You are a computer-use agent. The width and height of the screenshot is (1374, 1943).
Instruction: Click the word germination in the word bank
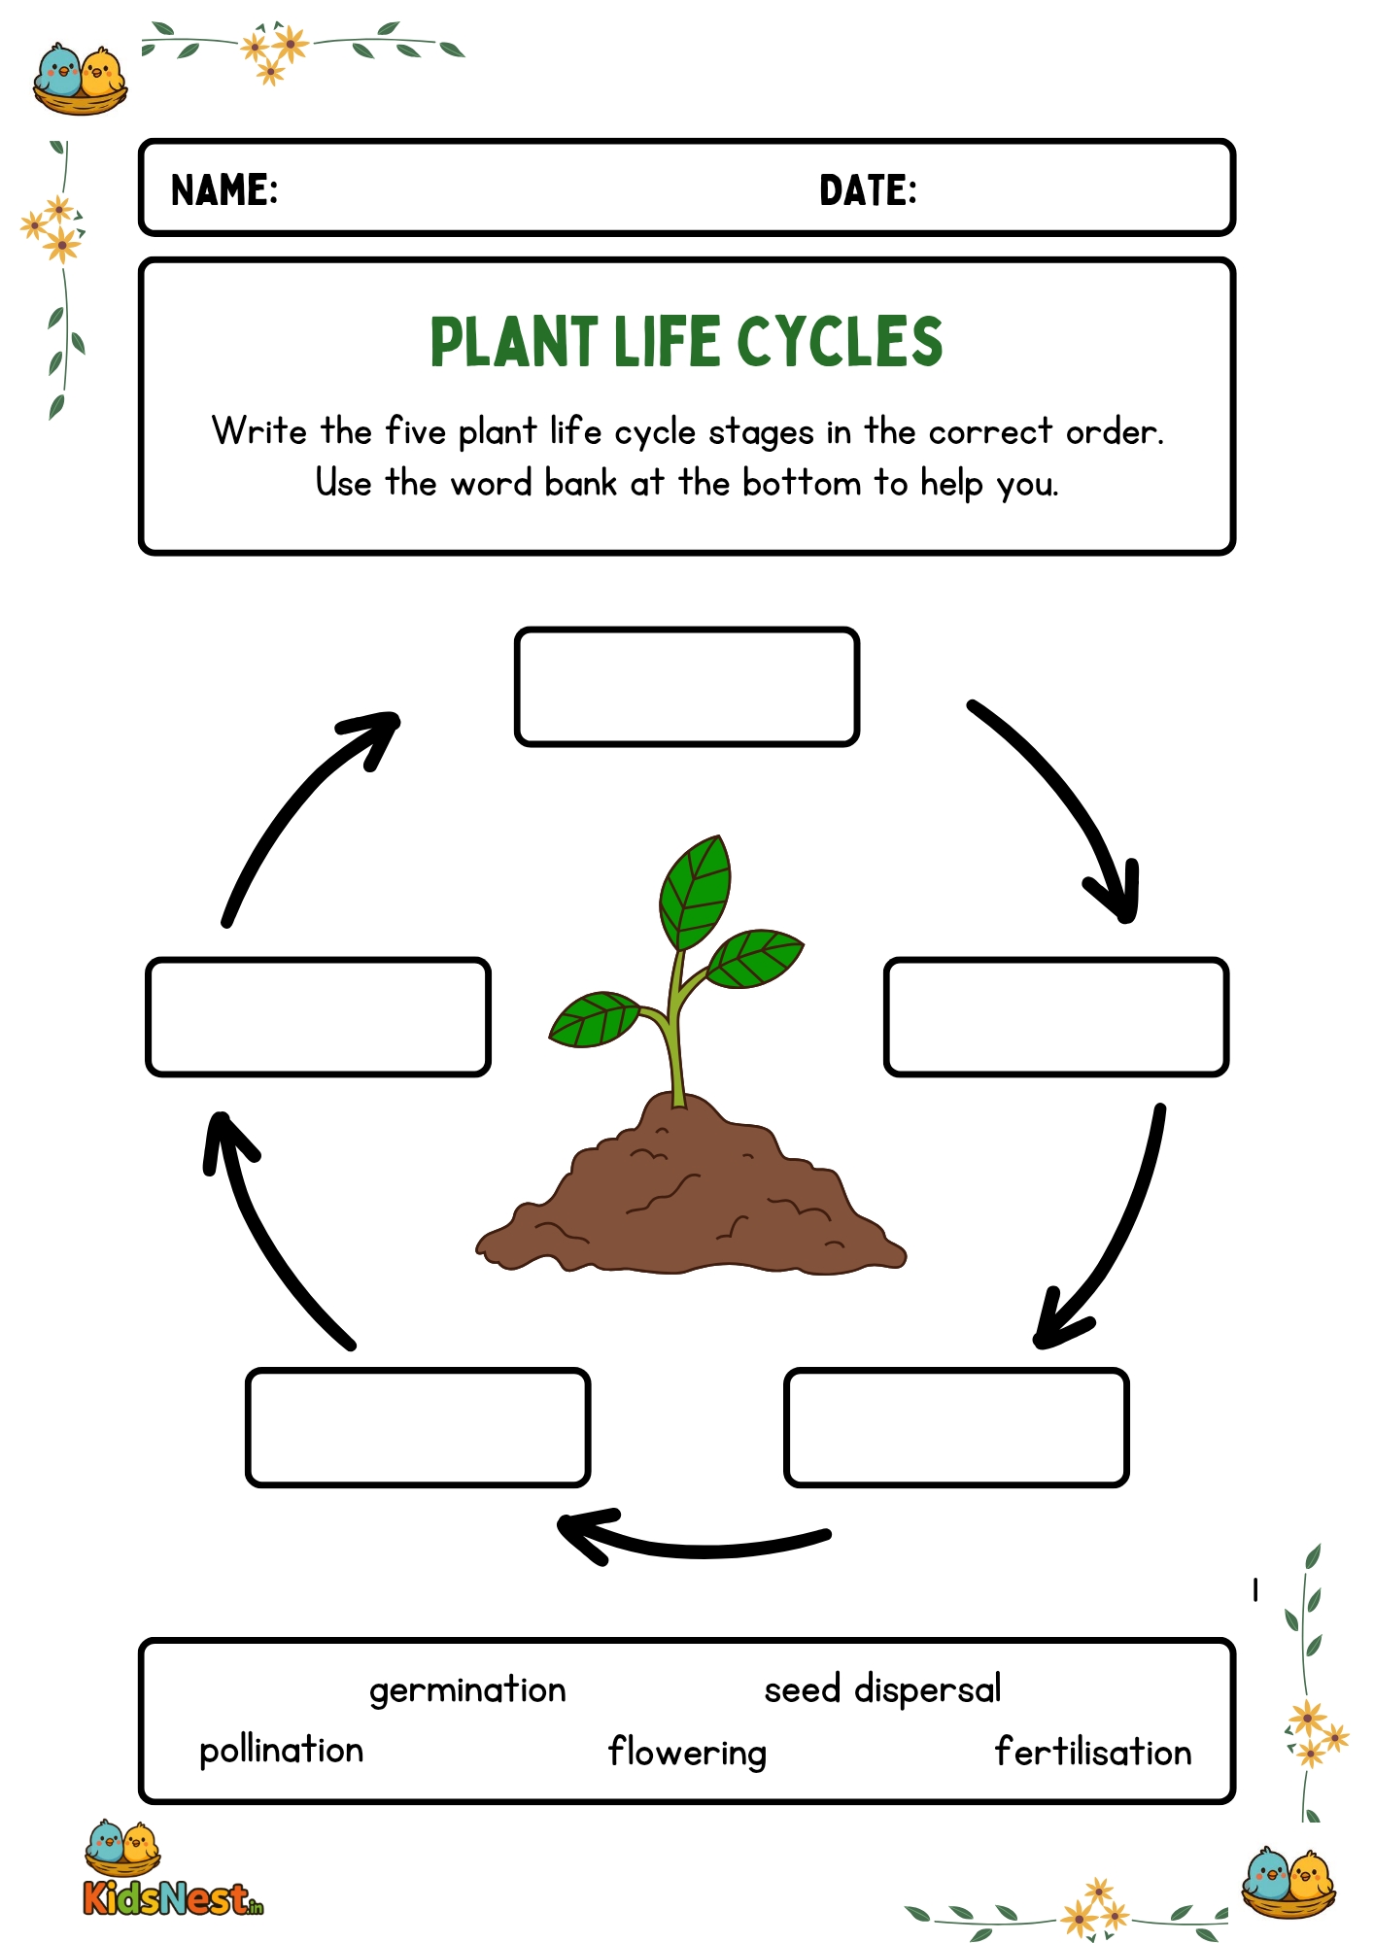(467, 1691)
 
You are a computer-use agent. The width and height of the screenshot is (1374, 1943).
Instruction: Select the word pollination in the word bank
(281, 1751)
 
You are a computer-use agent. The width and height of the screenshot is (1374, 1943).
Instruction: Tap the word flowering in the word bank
(687, 1753)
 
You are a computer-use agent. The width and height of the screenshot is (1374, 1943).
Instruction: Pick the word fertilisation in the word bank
(1093, 1753)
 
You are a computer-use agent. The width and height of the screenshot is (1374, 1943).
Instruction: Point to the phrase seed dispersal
(882, 1690)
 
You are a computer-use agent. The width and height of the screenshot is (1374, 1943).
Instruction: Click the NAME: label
(224, 190)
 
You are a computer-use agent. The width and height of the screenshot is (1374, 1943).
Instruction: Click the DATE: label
(868, 190)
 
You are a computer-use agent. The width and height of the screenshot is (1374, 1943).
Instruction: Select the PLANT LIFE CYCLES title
(686, 342)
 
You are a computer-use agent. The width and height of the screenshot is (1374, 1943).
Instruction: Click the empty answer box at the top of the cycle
(687, 687)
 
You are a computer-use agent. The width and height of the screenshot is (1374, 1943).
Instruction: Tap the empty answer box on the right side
(1056, 1017)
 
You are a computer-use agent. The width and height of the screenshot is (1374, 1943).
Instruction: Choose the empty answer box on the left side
(318, 1017)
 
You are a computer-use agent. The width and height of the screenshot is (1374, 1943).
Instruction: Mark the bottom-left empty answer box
(418, 1427)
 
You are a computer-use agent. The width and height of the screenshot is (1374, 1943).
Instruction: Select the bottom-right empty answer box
(956, 1427)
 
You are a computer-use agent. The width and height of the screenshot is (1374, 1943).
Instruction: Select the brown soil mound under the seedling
(690, 1205)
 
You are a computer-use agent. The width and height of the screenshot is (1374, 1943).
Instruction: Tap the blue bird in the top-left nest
(59, 73)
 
